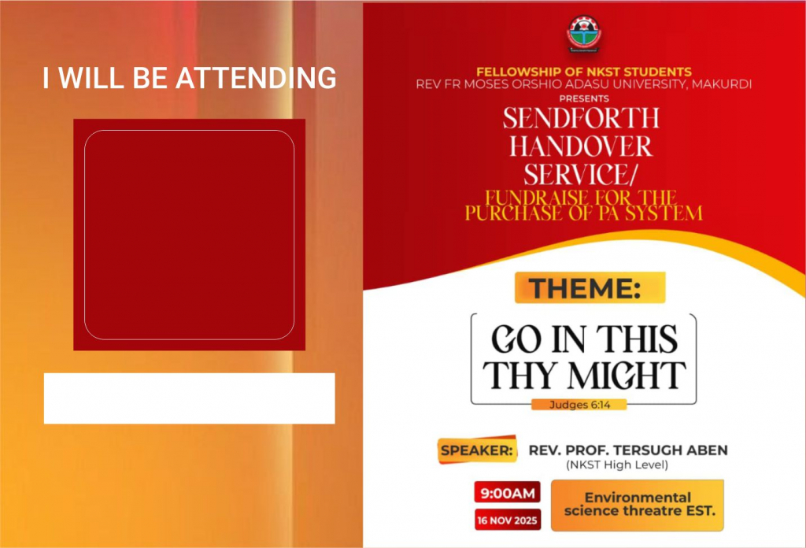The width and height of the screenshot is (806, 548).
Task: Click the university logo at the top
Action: pos(584,34)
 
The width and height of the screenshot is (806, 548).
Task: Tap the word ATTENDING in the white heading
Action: pos(256,78)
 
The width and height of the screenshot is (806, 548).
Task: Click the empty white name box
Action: pos(189,398)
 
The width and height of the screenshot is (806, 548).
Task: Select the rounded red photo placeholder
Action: pos(189,235)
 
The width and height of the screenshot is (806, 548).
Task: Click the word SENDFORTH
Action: pos(581,119)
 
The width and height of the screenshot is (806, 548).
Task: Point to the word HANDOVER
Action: pos(581,146)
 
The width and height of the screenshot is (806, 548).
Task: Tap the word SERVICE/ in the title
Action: pos(580,174)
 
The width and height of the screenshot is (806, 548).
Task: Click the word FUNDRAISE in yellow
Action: pos(537,198)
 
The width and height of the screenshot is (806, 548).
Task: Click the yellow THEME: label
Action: pos(590,287)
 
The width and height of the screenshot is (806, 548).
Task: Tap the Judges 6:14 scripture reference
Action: pos(579,405)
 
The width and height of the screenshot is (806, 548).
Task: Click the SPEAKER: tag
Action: pos(477,450)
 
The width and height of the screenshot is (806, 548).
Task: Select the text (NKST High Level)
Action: pos(617,465)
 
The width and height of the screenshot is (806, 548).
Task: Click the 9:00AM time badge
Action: pos(508,493)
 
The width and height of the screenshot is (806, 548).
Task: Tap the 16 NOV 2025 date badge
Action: pos(508,520)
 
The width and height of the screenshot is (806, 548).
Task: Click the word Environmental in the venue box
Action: pos(638,497)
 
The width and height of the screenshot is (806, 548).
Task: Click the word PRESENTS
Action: pos(584,98)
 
